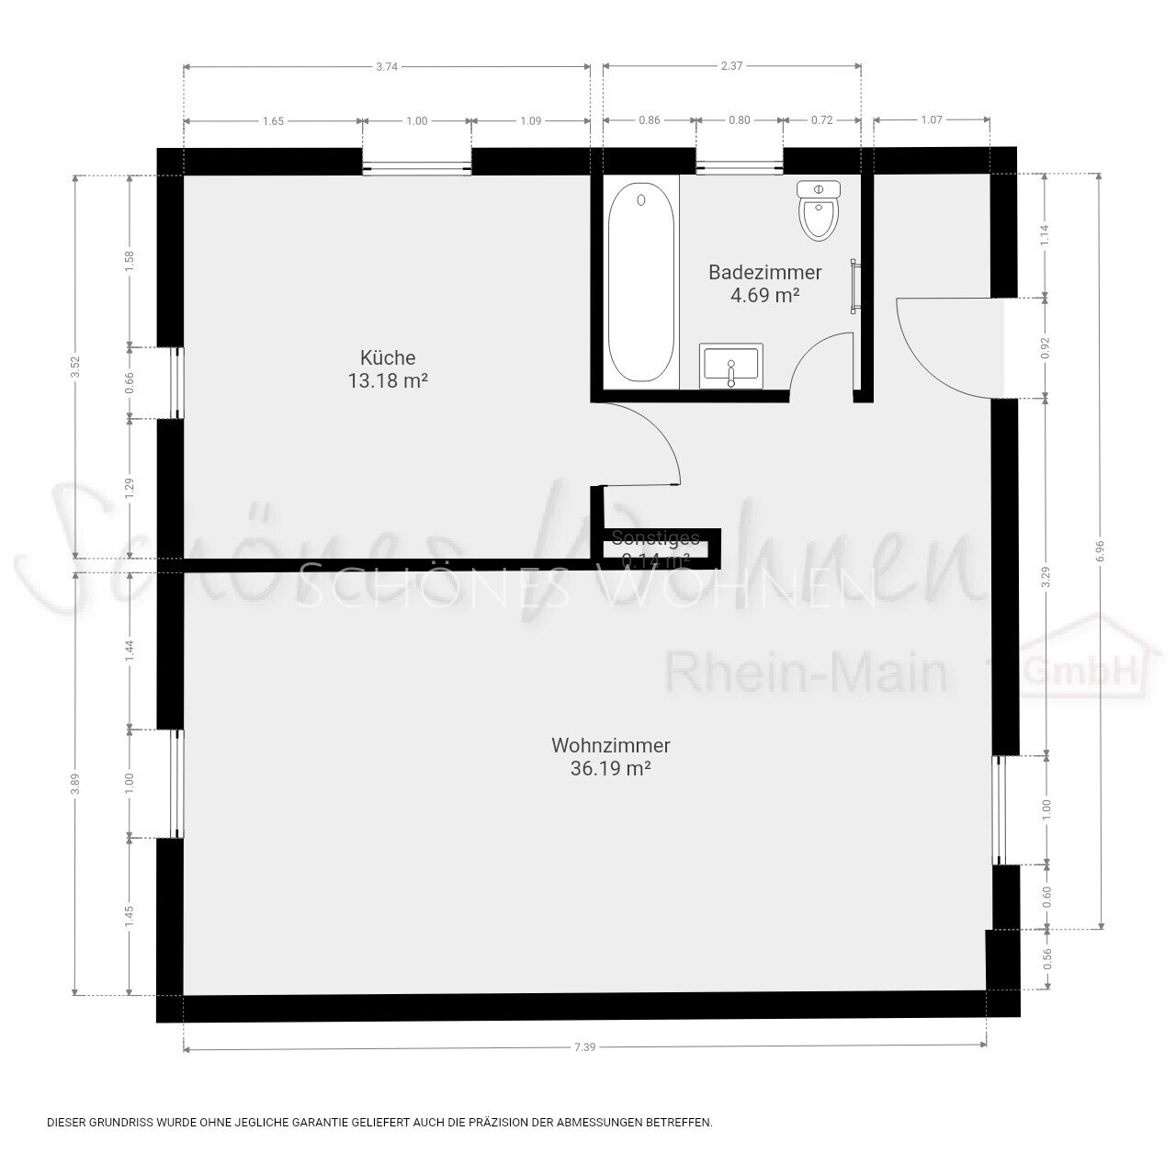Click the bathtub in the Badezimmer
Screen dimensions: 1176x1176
pyautogui.click(x=641, y=283)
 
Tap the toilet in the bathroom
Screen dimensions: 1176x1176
pyautogui.click(x=819, y=210)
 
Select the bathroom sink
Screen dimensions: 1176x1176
pyautogui.click(x=731, y=366)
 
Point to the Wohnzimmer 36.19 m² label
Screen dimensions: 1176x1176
pyautogui.click(x=611, y=757)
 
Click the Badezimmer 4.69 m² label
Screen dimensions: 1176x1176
pyautogui.click(x=764, y=283)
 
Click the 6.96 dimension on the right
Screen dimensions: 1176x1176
pyautogui.click(x=1100, y=550)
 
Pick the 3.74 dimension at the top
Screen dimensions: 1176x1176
pyautogui.click(x=388, y=66)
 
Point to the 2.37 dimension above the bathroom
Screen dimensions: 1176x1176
pyautogui.click(x=731, y=66)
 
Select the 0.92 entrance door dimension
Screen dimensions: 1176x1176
pyautogui.click(x=1046, y=348)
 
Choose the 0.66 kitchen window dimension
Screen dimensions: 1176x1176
pyautogui.click(x=130, y=382)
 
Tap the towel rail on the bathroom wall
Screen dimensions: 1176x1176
pyautogui.click(x=855, y=286)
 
